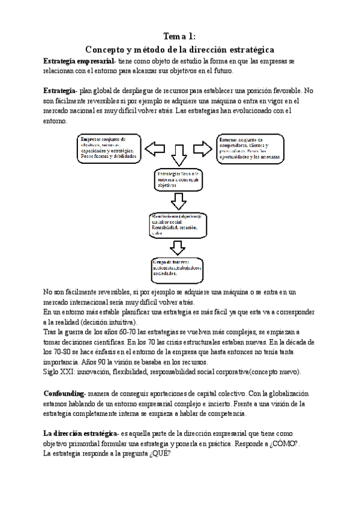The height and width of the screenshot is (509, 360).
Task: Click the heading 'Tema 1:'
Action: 179,37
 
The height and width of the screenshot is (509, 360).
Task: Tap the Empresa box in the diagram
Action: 109,148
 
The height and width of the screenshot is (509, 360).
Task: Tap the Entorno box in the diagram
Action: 250,149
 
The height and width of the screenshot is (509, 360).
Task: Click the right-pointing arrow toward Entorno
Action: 203,148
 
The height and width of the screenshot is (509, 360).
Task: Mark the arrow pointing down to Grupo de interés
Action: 178,246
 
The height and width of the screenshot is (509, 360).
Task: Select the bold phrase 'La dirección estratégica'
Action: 80,432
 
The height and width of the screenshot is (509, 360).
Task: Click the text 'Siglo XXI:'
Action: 59,372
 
